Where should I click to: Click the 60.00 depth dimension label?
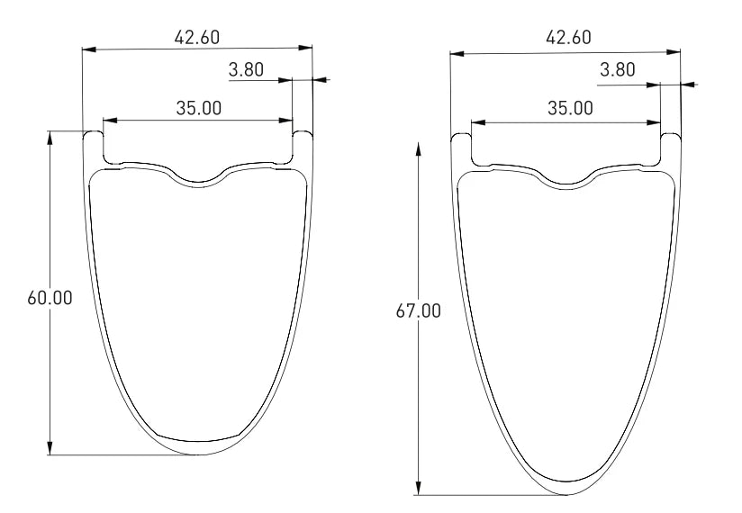point(50,298)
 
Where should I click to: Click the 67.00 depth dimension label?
point(419,311)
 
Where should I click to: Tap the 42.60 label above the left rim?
point(197,38)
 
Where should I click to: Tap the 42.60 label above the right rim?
point(568,38)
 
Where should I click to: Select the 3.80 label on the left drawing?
point(246,69)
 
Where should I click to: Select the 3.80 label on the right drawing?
point(618,69)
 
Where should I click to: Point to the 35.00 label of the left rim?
point(199,108)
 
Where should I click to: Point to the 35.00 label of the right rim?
point(570,108)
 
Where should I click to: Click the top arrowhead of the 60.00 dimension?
point(50,138)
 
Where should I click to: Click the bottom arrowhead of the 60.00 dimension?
point(50,448)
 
